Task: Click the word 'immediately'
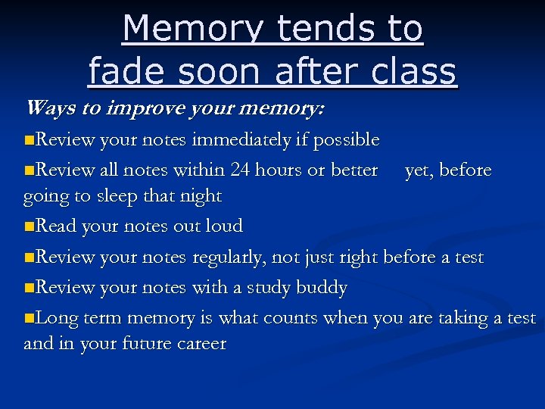[242, 140]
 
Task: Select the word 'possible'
[347, 140]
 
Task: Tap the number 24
[241, 170]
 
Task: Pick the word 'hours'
[278, 170]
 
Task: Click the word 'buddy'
[323, 288]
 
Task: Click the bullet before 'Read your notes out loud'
[29, 226]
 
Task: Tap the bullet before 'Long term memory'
[29, 319]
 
